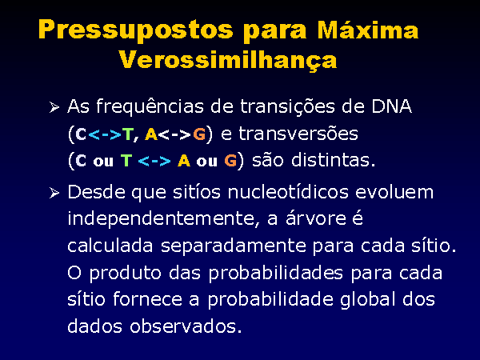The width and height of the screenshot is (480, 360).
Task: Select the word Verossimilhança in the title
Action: click(228, 60)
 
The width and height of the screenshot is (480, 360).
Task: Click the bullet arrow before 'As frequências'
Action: click(54, 107)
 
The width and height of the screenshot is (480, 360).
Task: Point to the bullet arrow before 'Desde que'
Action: click(54, 193)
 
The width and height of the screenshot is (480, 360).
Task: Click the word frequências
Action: click(150, 107)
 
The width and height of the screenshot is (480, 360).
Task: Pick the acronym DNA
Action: click(391, 106)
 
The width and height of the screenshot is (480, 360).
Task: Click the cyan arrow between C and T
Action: click(105, 134)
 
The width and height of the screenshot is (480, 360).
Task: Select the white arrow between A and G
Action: click(175, 134)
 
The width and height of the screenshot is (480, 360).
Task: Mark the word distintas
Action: click(333, 160)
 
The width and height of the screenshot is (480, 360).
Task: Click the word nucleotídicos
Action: click(288, 192)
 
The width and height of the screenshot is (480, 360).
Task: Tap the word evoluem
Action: click(394, 192)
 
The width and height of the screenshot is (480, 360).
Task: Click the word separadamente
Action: click(234, 246)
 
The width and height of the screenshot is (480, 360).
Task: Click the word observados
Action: click(186, 326)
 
